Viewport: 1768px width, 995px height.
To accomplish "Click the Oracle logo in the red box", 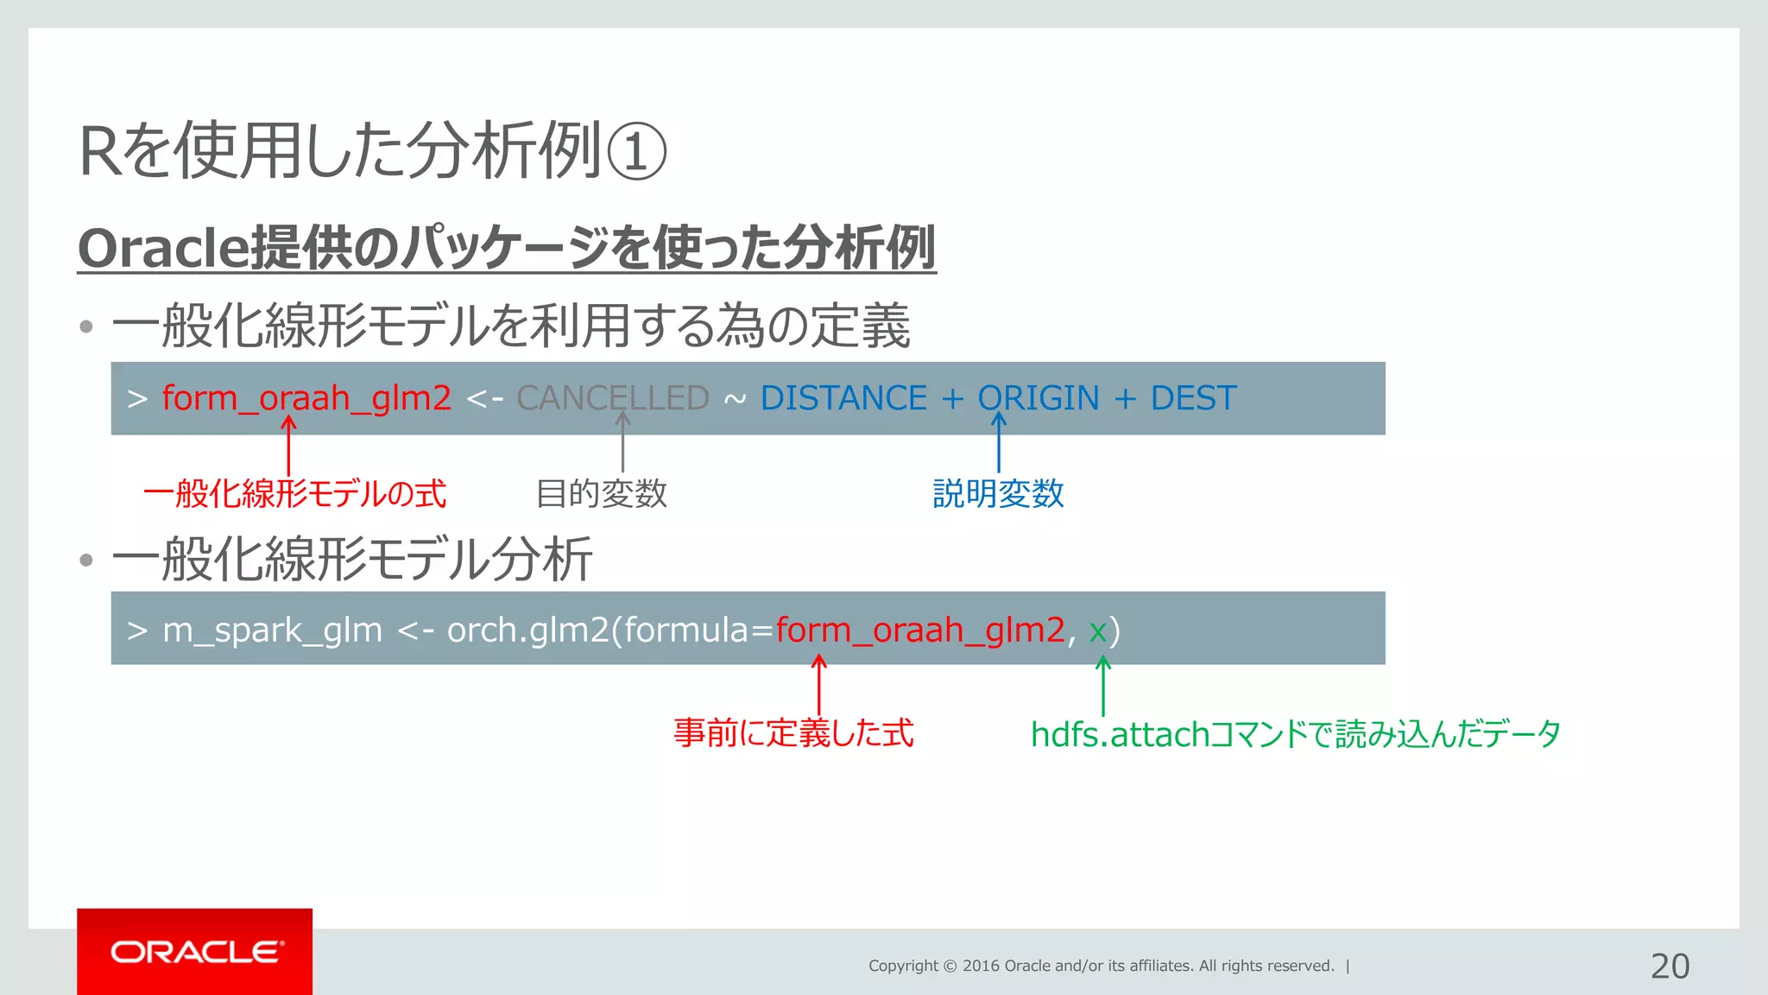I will pyautogui.click(x=196, y=952).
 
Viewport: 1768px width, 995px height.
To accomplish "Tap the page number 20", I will pyautogui.click(x=1670, y=966).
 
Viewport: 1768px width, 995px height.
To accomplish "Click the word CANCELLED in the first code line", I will pyautogui.click(x=612, y=398).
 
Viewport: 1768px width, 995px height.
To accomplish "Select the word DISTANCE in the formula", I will pyautogui.click(x=843, y=398).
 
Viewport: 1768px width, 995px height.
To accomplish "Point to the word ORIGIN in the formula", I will pyautogui.click(x=1038, y=398).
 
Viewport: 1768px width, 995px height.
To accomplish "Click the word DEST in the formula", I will pyautogui.click(x=1193, y=398).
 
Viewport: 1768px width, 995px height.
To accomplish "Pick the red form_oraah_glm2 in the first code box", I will pyautogui.click(x=306, y=398).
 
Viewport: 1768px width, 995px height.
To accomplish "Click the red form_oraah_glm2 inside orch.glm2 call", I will pyautogui.click(x=920, y=630).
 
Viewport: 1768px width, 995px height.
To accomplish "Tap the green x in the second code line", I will pyautogui.click(x=1097, y=631).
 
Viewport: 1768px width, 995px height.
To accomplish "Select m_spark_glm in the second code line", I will pyautogui.click(x=272, y=631).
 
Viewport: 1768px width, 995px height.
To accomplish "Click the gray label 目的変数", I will pyautogui.click(x=602, y=494).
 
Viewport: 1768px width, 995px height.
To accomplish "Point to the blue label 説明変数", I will pyautogui.click(x=998, y=494).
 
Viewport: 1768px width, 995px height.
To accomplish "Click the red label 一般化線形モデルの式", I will pyautogui.click(x=295, y=494).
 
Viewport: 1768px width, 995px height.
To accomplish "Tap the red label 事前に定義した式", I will pyautogui.click(x=793, y=733).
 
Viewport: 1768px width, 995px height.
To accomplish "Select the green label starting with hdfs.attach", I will pyautogui.click(x=1295, y=734).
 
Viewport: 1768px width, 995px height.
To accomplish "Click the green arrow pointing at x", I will pyautogui.click(x=1102, y=687).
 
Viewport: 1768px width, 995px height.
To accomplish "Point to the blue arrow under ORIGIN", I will pyautogui.click(x=999, y=442).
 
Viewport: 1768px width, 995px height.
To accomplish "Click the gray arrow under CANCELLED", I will pyautogui.click(x=622, y=442).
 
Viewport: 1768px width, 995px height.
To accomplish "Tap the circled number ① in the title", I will pyautogui.click(x=636, y=152).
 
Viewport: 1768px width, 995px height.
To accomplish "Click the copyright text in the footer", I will pyautogui.click(x=1101, y=966).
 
